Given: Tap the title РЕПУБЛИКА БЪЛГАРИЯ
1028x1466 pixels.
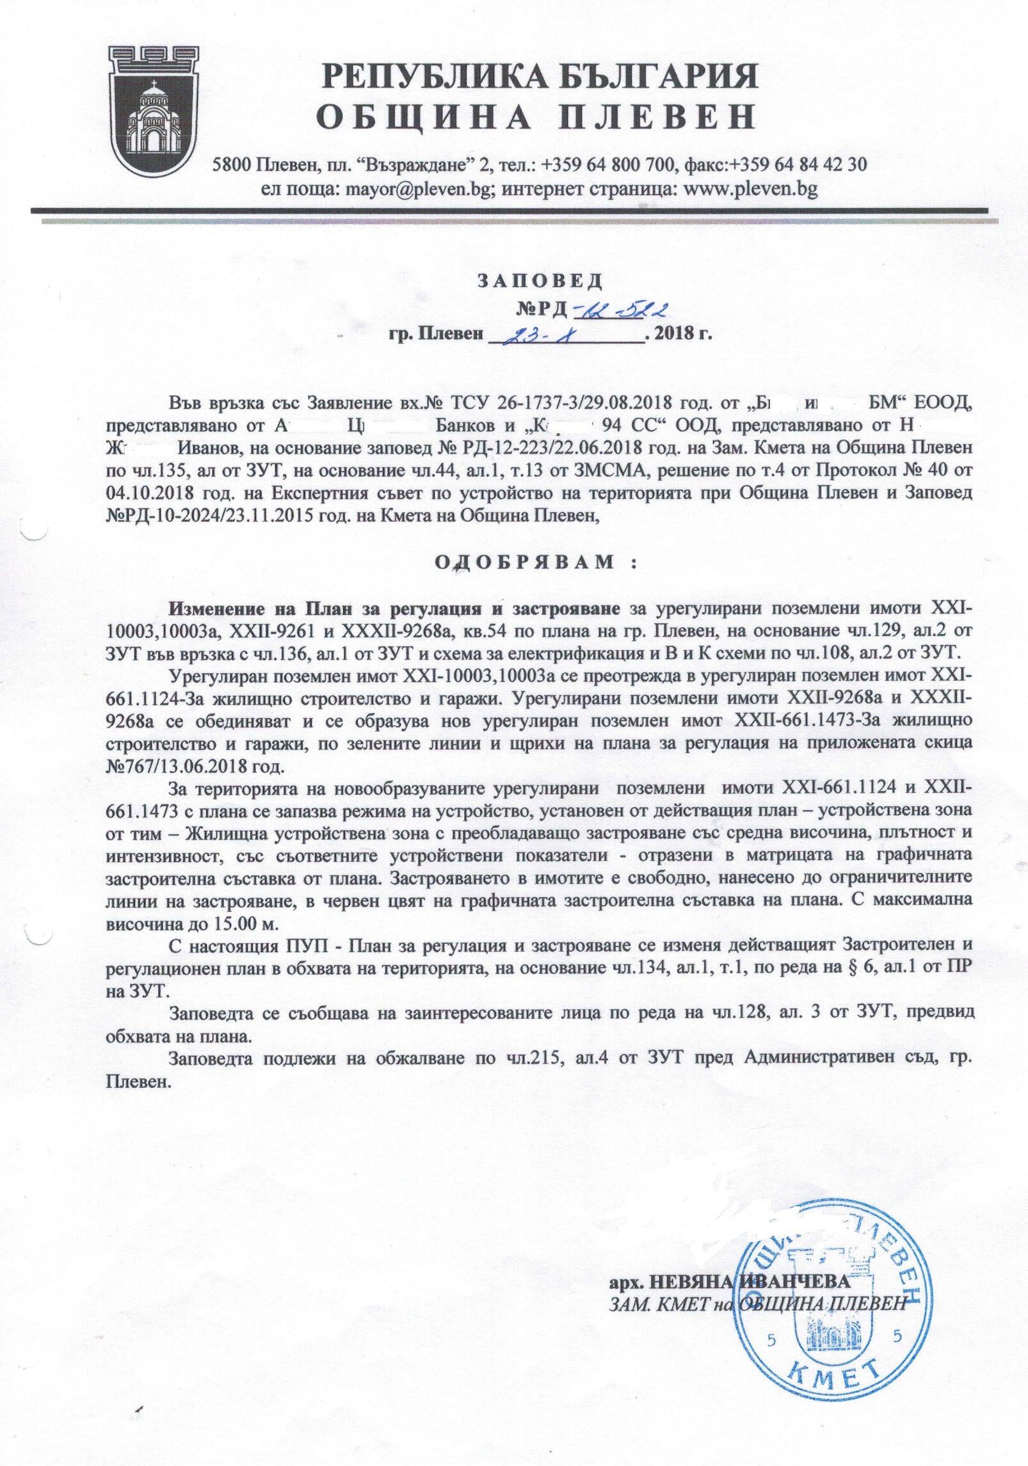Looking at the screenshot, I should [x=540, y=76].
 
